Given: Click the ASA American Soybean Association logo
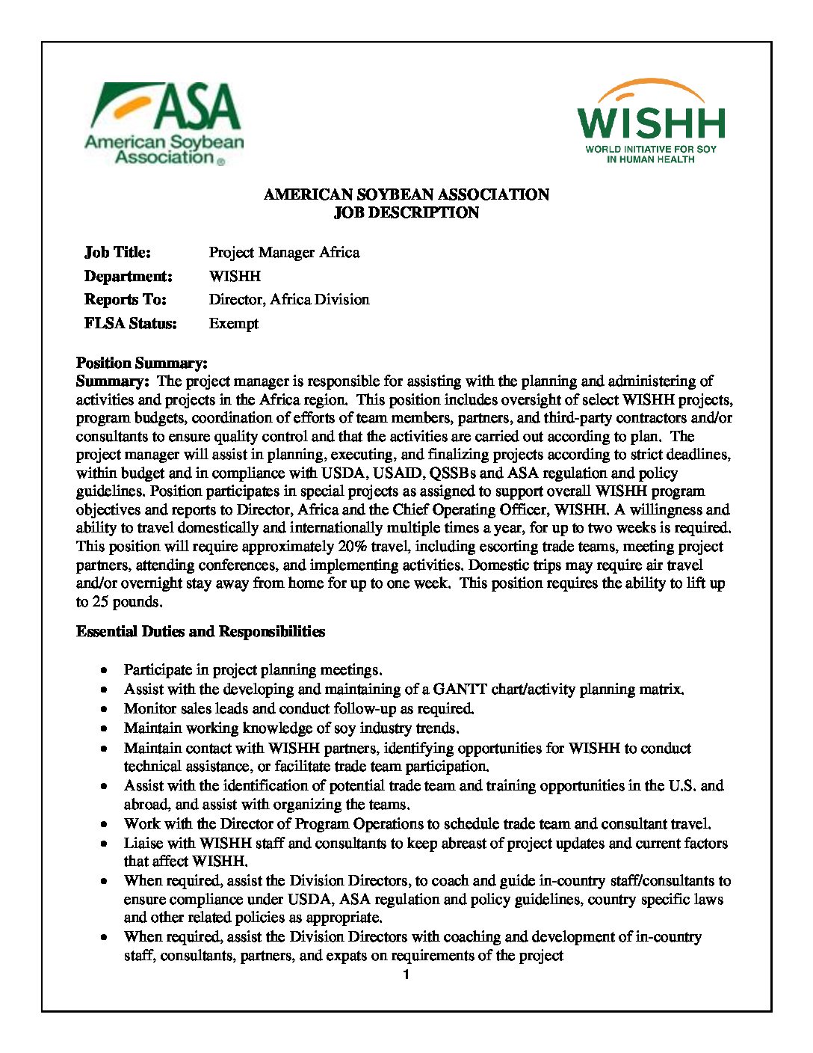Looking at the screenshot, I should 164,123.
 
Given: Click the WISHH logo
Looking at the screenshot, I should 651,122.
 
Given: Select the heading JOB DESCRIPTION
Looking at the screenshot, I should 406,213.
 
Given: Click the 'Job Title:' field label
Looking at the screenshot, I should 117,253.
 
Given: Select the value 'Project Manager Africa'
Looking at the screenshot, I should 284,253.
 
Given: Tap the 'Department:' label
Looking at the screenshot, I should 128,277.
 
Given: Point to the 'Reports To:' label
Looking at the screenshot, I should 125,300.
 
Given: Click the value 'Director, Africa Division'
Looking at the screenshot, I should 289,300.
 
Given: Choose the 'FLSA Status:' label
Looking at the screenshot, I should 130,324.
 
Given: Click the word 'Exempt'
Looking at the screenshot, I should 234,324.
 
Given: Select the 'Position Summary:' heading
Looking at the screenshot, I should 142,363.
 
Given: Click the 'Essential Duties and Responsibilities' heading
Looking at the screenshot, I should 200,632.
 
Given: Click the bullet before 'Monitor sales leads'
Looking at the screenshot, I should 108,709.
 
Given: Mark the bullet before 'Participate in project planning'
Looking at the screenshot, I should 108,670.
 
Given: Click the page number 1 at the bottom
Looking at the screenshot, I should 406,975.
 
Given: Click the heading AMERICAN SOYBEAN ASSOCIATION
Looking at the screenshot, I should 406,195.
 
